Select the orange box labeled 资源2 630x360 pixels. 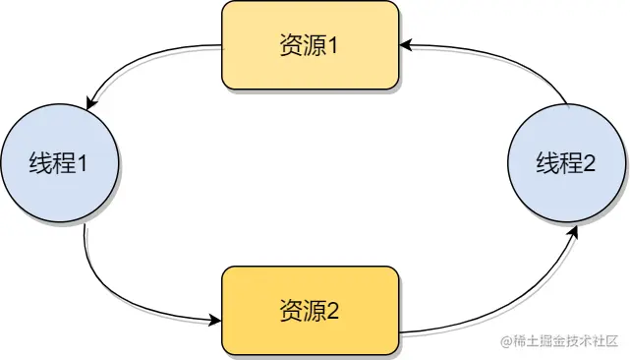[x=311, y=311]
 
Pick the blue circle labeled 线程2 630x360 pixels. [x=565, y=163]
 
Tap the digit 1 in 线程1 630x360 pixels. [x=83, y=164]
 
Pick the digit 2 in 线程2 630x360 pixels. [x=589, y=164]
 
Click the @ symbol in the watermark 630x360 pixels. [x=506, y=342]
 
